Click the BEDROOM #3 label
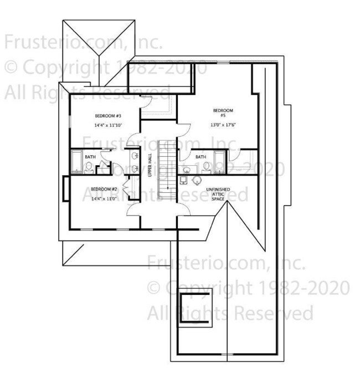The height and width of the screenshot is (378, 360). (108, 116)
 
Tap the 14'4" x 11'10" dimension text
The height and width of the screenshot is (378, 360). (108, 125)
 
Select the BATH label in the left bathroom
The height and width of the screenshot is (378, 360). (90, 157)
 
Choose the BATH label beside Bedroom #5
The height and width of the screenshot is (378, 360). (200, 157)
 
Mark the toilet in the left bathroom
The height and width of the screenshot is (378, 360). (89, 166)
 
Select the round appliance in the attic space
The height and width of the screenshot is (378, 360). (197, 180)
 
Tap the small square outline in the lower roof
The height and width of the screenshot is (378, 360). (196, 306)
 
